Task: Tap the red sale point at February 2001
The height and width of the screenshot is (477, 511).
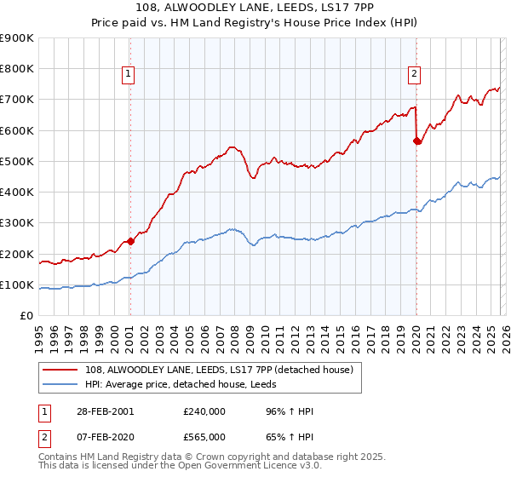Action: (x=130, y=241)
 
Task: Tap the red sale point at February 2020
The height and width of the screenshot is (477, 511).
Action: (x=416, y=141)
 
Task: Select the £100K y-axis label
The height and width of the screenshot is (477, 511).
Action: (x=17, y=284)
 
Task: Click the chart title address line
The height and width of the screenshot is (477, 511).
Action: (x=255, y=9)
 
